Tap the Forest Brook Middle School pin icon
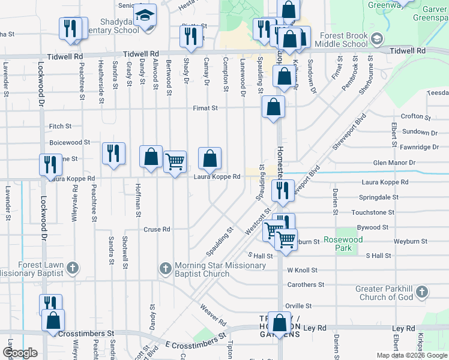click(x=376, y=40)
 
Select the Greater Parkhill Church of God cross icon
click(x=422, y=292)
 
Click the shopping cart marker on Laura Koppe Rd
click(x=175, y=161)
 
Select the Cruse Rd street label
click(x=157, y=229)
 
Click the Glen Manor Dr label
click(x=394, y=163)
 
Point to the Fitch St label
click(x=61, y=127)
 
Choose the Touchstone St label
click(x=373, y=212)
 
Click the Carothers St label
click(x=306, y=284)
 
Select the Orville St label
click(x=298, y=306)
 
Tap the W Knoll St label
click(x=302, y=270)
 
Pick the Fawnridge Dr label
click(x=418, y=147)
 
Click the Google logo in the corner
click(x=20, y=353)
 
